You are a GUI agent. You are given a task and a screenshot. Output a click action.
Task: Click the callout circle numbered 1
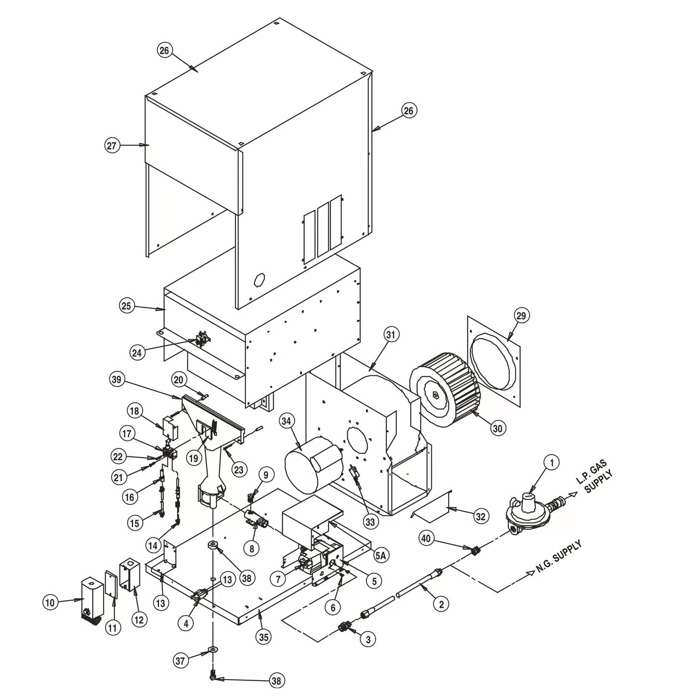pos(551,463)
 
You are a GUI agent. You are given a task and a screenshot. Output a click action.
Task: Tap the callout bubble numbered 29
pos(521,316)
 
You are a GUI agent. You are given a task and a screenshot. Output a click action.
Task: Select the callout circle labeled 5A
pos(381,556)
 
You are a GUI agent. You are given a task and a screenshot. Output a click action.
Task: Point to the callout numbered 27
pos(112,145)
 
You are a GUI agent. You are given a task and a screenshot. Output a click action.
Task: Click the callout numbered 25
pos(126,306)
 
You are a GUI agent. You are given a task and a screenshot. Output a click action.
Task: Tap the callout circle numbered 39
pos(117,381)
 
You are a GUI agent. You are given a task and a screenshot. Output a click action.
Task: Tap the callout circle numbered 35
pos(263,637)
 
